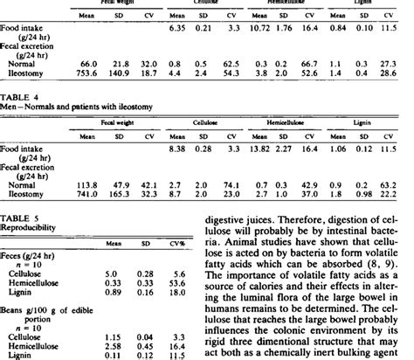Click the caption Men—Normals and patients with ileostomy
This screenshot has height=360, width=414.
click(66, 109)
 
